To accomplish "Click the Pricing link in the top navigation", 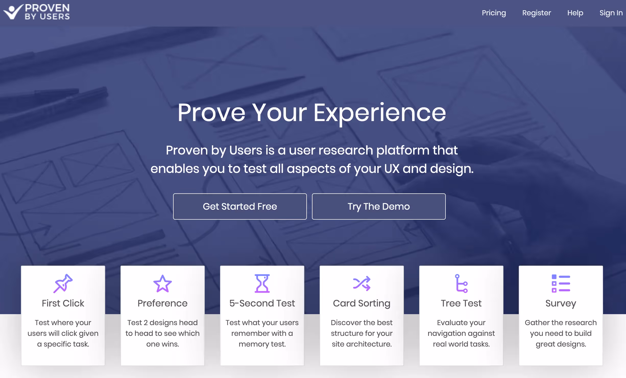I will tap(494, 13).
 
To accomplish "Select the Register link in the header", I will tap(536, 13).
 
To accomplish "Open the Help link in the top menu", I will tap(575, 13).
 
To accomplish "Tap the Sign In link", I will tap(611, 13).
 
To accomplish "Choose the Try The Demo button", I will tap(379, 206).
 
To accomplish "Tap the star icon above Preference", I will tap(163, 283).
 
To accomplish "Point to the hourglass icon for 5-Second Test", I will tap(262, 283).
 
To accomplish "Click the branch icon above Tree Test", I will tap(461, 283).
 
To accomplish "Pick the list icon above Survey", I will tap(561, 283).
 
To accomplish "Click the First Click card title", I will tap(63, 303).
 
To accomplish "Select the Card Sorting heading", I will tap(362, 303).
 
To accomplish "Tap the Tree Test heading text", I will tap(461, 303).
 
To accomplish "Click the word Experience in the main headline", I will tap(380, 113).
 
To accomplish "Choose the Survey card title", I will tap(561, 303).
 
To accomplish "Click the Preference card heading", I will tap(163, 303).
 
